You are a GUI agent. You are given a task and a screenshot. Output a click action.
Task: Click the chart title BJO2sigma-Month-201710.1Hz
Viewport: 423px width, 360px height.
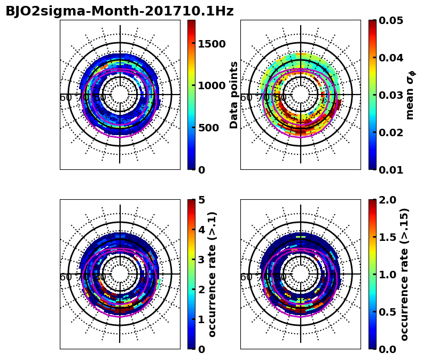[x=119, y=11]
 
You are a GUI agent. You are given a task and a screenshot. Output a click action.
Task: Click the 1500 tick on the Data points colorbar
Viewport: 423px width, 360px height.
[x=211, y=44]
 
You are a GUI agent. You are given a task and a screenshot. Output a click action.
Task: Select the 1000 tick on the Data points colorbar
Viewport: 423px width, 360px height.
[x=211, y=85]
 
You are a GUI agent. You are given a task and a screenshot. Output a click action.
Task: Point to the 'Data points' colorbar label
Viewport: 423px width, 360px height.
[x=234, y=95]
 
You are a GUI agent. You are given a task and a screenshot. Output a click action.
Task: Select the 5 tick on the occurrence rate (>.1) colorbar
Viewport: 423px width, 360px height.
[x=202, y=200]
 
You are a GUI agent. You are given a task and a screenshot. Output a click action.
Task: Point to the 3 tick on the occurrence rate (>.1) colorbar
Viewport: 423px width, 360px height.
[x=202, y=260]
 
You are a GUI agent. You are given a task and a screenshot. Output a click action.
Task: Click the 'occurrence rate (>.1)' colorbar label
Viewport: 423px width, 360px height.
[x=213, y=274]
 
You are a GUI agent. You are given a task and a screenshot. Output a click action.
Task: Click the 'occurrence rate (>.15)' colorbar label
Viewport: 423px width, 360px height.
[x=404, y=274]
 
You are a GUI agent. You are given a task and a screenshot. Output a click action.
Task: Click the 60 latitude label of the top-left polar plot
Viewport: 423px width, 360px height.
[x=66, y=98]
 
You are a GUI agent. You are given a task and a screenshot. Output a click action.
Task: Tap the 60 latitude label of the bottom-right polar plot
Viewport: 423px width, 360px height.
[x=246, y=277]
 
